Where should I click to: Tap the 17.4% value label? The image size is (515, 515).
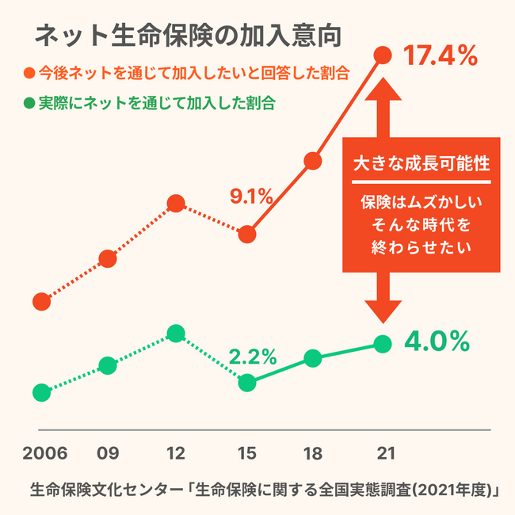pos(440,56)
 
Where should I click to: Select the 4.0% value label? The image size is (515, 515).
pos(437,341)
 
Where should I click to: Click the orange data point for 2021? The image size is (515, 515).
pos(383,55)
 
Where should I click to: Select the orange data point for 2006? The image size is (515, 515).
pos(41,301)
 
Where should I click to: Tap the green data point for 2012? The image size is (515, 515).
pos(177,332)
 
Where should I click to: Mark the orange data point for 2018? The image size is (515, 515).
pos(313,162)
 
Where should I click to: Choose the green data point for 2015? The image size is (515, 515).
pos(248,383)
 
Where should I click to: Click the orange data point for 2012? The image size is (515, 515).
pos(177,205)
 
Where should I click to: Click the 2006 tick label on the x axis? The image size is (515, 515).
pos(44,454)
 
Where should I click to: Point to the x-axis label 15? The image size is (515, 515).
pos(248,454)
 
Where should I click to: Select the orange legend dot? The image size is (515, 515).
pos(29,74)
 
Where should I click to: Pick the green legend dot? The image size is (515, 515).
pos(29,103)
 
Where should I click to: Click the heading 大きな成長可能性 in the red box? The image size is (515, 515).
pos(421,166)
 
